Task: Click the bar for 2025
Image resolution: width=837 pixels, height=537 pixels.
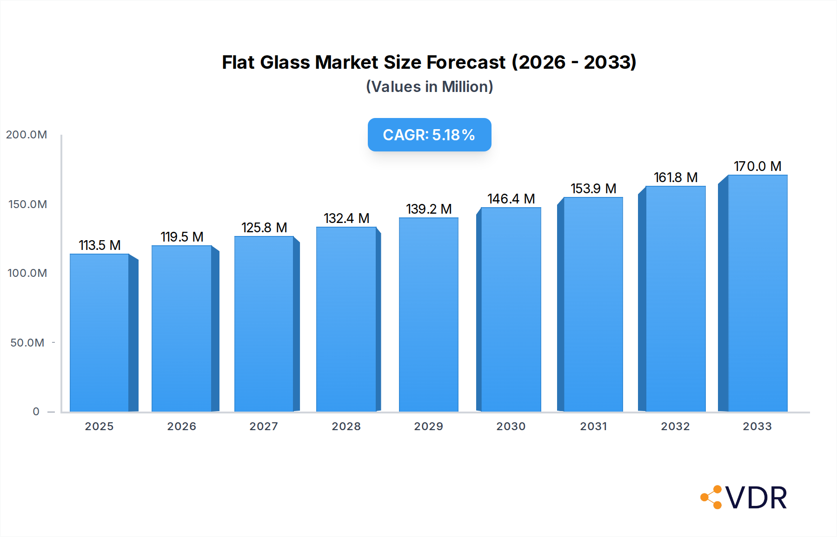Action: [x=100, y=333]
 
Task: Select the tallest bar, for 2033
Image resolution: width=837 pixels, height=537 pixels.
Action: [x=757, y=293]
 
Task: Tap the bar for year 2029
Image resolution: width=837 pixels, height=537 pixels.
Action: [x=428, y=314]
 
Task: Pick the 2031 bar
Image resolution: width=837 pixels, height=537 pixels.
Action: [x=593, y=304]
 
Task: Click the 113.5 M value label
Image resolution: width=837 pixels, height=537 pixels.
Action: [x=100, y=245]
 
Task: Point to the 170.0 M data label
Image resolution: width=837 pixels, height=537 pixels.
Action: [x=757, y=166]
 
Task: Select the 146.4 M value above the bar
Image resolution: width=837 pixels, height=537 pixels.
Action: [x=511, y=199]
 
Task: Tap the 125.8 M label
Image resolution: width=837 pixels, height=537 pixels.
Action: [x=264, y=228]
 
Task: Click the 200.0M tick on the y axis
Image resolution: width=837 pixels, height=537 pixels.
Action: [x=27, y=135]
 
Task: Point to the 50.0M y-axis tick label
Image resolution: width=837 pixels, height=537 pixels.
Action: [x=27, y=343]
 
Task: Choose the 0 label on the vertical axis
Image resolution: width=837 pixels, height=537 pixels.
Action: [x=36, y=412]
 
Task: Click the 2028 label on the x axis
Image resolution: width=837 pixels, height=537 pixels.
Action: [x=346, y=426]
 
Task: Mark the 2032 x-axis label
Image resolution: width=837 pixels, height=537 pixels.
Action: [x=675, y=426]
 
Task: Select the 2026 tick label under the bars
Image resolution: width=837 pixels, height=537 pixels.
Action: [x=182, y=426]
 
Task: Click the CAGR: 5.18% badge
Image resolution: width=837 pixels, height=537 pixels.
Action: [x=429, y=135]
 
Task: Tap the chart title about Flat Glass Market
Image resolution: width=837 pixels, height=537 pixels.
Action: [x=429, y=62]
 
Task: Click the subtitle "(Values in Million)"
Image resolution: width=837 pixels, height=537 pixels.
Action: [x=429, y=87]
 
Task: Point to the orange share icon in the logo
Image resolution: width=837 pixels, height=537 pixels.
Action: [x=711, y=498]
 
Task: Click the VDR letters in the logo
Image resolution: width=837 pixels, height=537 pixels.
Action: [x=756, y=498]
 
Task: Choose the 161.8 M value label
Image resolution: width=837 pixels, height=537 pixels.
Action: [x=676, y=177]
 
